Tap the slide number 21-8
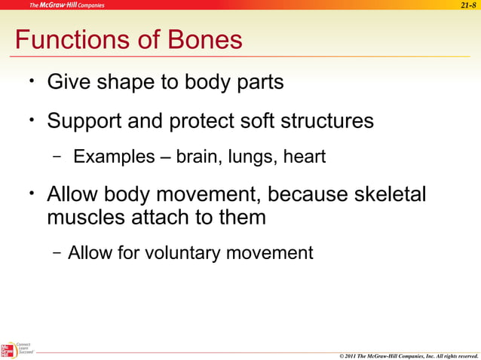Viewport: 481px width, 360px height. pos(468,5)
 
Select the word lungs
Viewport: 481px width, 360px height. pos(253,157)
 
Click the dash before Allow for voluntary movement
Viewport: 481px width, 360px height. pos(57,252)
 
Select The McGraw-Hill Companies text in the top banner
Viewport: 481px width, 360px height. pos(67,5)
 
